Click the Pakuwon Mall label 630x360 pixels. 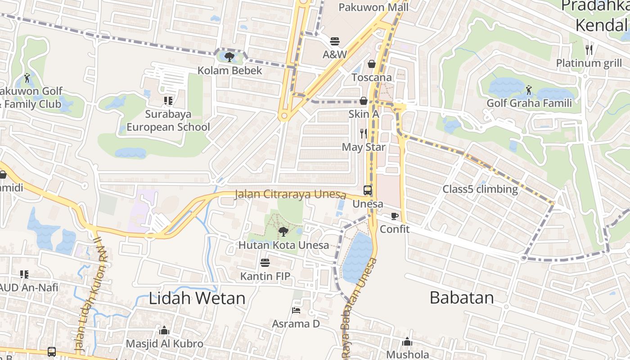[x=373, y=7]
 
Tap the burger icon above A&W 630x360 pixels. [x=334, y=41]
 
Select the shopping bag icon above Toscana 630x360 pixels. [x=372, y=64]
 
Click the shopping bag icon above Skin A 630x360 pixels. [x=363, y=101]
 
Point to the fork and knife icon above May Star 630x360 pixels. [x=364, y=133]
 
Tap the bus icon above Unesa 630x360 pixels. [x=368, y=190]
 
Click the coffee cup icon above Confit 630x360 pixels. [x=395, y=216]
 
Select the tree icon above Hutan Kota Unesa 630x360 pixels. [x=283, y=232]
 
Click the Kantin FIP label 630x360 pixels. [x=265, y=276]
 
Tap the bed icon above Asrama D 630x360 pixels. [x=296, y=310]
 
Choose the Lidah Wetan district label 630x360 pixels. [x=197, y=298]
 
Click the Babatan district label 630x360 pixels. [x=462, y=297]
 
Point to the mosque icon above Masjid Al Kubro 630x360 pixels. [x=164, y=331]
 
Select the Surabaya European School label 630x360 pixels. [x=168, y=121]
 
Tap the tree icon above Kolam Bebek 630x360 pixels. [x=229, y=57]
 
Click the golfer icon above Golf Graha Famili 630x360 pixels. [x=528, y=90]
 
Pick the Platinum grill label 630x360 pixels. [x=589, y=63]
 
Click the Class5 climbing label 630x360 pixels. [x=480, y=189]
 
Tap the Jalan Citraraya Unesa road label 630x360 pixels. [x=290, y=195]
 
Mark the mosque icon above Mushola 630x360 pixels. [x=407, y=342]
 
